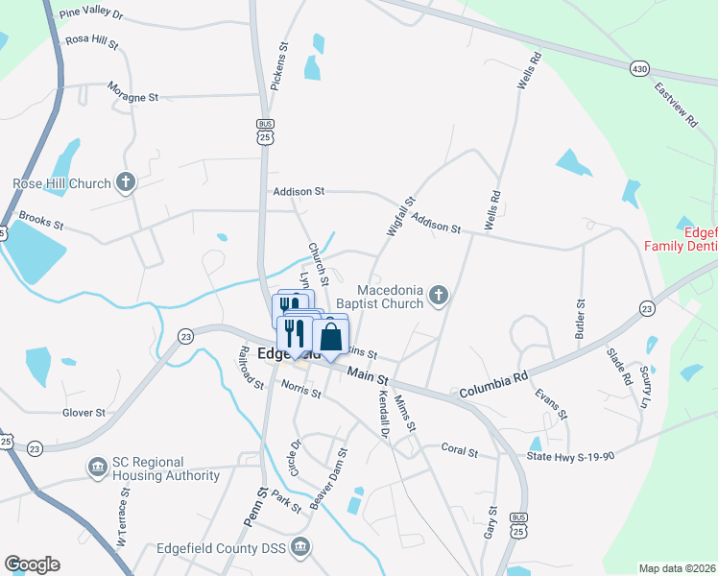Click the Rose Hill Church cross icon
point(125,181)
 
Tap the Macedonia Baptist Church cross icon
point(439,296)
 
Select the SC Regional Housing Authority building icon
point(97,468)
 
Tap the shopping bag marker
point(331,337)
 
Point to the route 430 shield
point(638,69)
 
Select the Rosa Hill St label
point(91,43)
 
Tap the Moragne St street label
point(133,97)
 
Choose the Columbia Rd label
point(494,385)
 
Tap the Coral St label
point(458,448)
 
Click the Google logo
point(31,564)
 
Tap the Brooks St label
point(40,222)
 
